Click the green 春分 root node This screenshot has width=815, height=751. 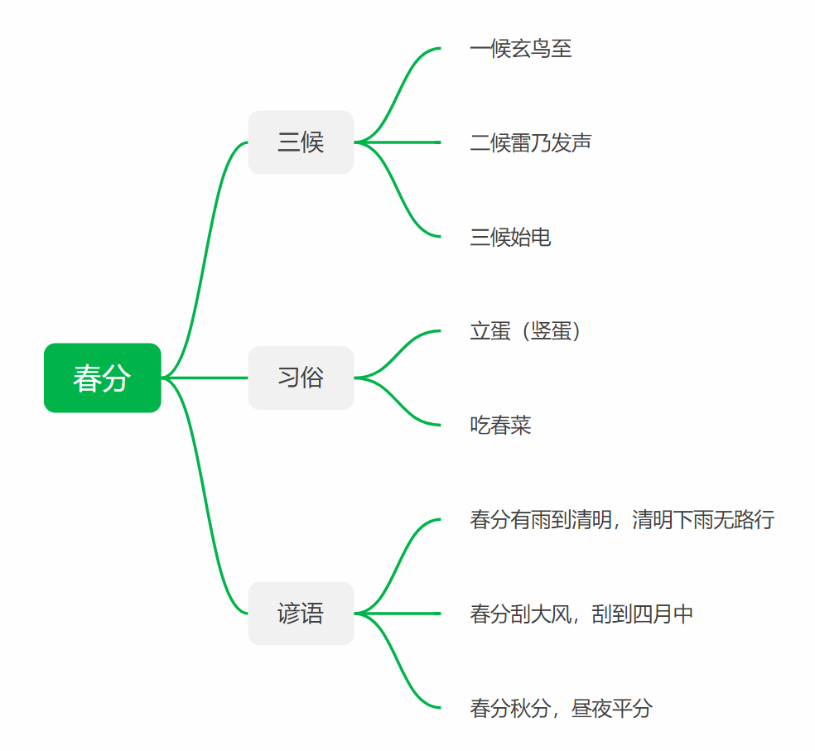tap(102, 378)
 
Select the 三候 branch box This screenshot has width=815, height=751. tap(301, 142)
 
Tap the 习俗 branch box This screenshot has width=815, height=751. tap(301, 378)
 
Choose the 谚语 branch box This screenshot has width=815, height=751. tap(301, 614)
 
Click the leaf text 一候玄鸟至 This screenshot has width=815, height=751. tap(520, 49)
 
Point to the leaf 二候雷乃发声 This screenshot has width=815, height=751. tap(530, 143)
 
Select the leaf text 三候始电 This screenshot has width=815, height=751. tap(510, 238)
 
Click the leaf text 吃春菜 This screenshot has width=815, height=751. tap(500, 426)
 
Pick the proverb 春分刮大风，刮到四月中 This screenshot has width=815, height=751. tap(581, 614)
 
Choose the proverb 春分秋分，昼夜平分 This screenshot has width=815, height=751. tap(561, 708)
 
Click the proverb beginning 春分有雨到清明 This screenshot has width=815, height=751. tap(622, 520)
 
